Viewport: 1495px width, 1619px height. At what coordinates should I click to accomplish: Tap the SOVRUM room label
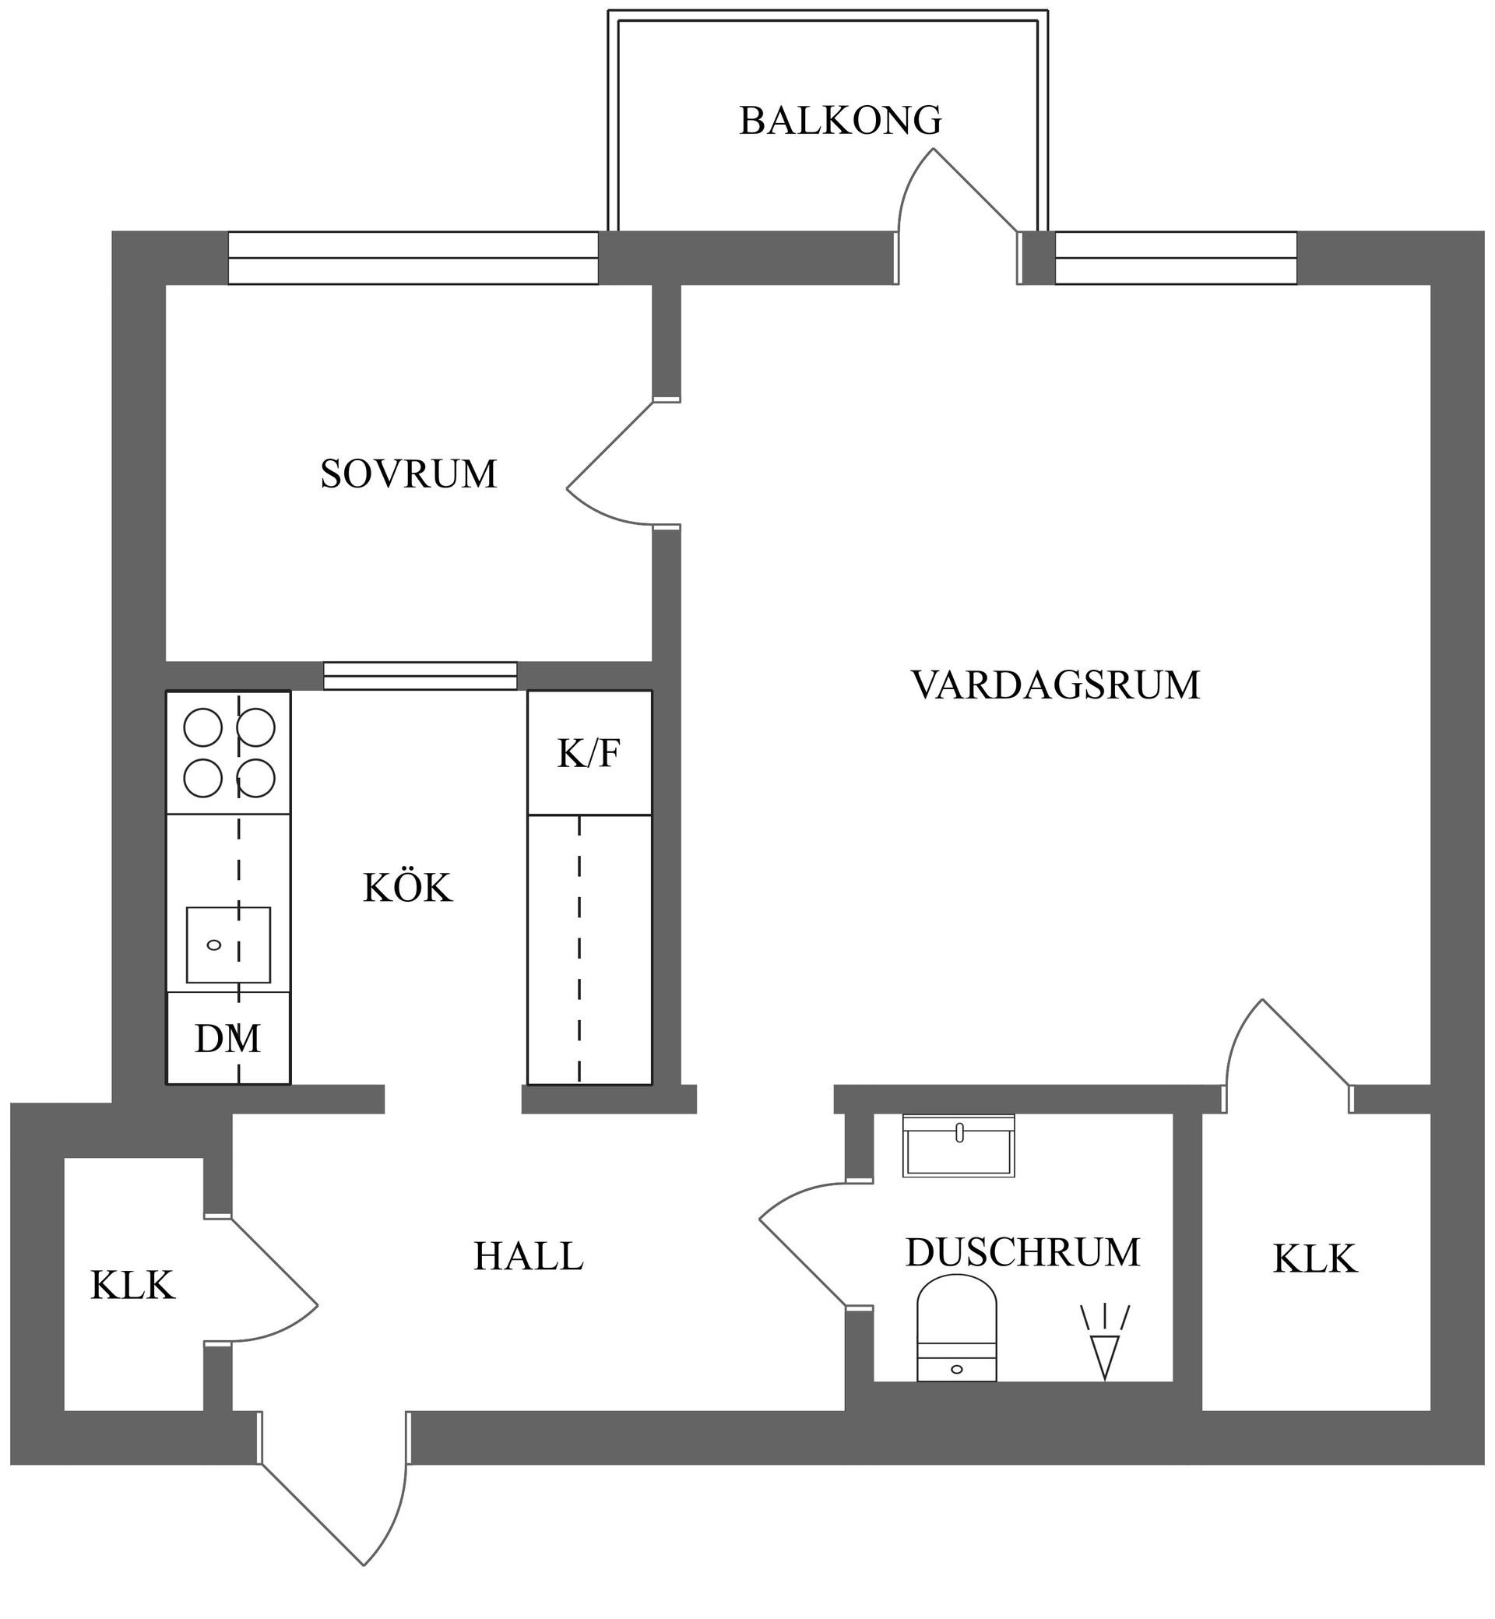click(x=409, y=474)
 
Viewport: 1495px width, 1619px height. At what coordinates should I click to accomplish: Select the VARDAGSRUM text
click(x=1055, y=685)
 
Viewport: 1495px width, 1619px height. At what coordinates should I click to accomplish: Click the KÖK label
click(x=407, y=889)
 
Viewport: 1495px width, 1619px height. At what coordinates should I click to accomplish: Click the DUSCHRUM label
click(x=1022, y=1252)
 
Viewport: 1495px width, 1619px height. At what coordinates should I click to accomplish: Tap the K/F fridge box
click(x=589, y=753)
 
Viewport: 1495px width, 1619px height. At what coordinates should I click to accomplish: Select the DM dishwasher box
click(x=228, y=1039)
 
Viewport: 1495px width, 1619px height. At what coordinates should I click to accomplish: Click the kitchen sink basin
click(x=228, y=945)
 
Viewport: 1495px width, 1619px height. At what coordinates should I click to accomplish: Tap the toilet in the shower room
click(x=956, y=1329)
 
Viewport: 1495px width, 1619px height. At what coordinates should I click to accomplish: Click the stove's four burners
click(x=229, y=753)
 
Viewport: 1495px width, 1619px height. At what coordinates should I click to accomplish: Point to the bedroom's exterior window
click(x=413, y=258)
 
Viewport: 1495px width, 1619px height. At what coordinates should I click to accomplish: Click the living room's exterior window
click(x=1176, y=258)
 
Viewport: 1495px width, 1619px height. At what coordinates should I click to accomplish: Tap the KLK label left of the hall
click(x=132, y=1286)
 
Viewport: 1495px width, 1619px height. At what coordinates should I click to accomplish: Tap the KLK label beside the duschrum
click(x=1314, y=1259)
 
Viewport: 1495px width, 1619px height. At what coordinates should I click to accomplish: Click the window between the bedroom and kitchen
click(x=420, y=677)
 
